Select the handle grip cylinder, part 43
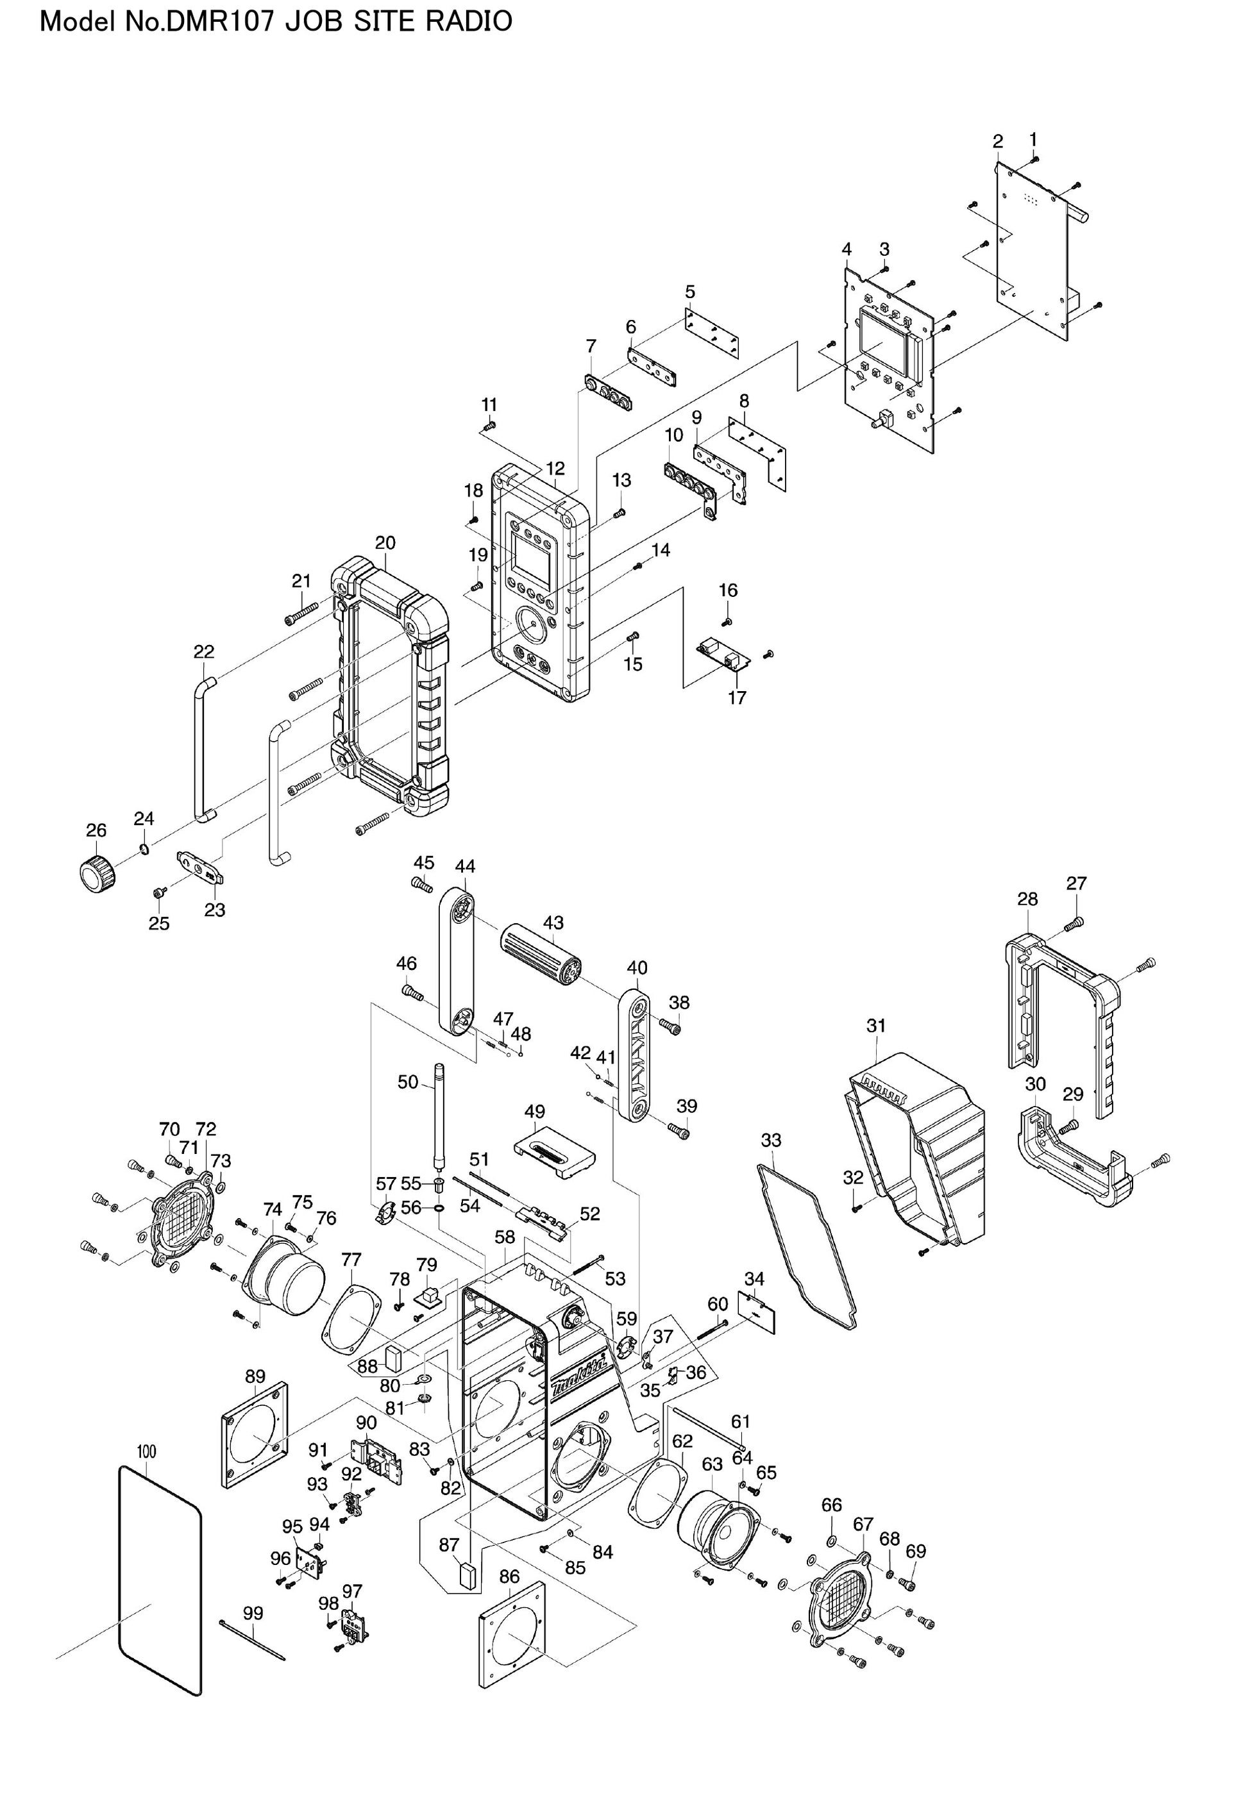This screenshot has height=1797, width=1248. pos(541,960)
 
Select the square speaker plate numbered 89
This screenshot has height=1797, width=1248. pos(253,1436)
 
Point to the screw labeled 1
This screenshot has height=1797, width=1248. pos(1034,160)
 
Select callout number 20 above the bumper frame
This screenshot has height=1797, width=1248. pos(385,542)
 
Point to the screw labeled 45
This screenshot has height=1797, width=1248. pos(421,885)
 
